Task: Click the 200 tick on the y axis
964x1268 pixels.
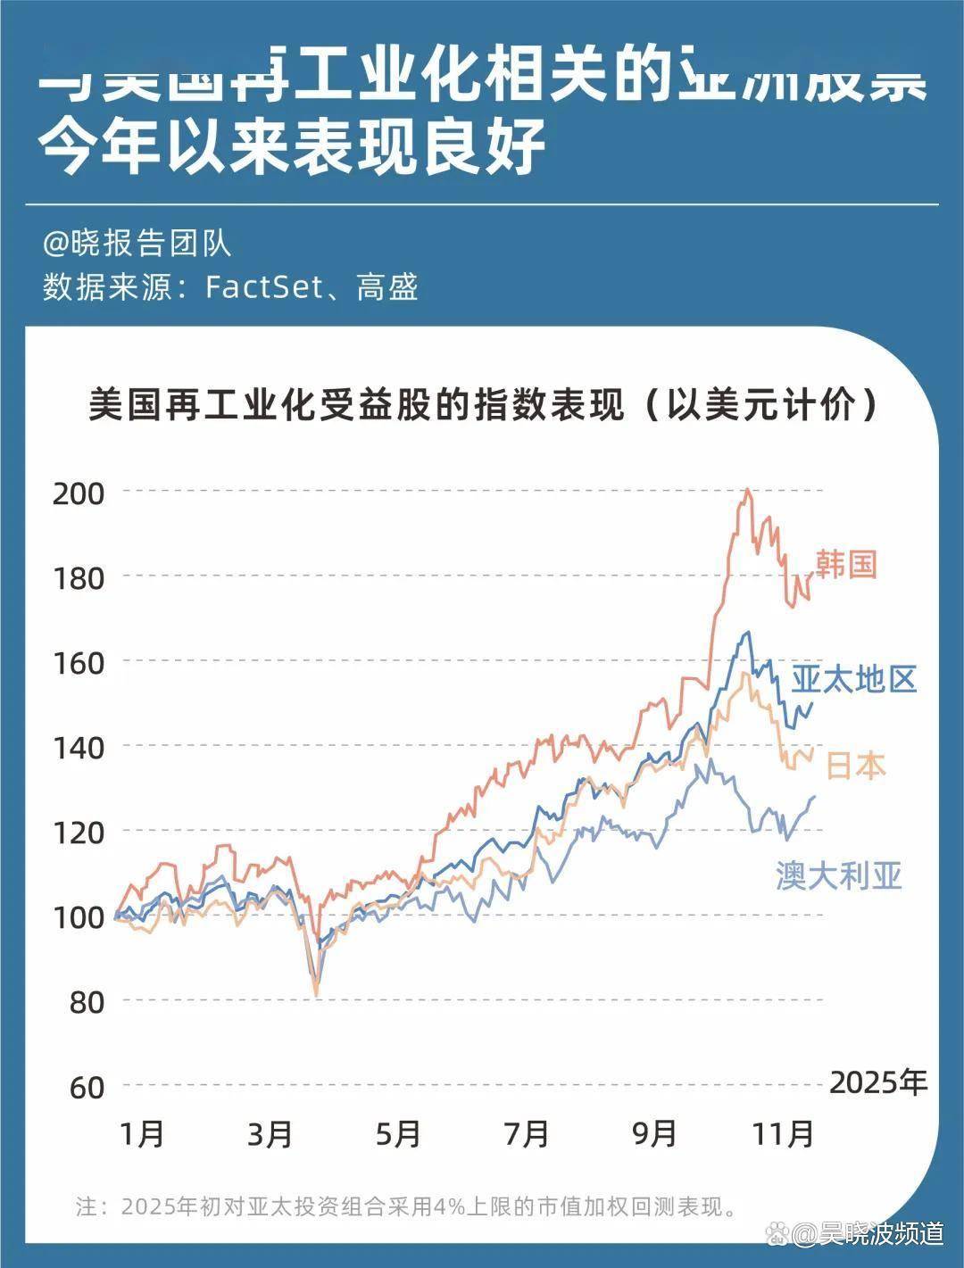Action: pos(79,493)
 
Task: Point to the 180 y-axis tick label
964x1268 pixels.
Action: pos(79,577)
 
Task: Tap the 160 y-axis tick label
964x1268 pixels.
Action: pos(79,663)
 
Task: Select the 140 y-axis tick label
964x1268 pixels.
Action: pos(79,747)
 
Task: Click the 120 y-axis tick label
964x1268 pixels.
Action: pos(79,833)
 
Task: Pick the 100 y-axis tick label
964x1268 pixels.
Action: pos(79,917)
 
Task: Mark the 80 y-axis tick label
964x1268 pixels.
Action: pos(87,1002)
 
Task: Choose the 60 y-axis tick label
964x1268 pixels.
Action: pos(87,1087)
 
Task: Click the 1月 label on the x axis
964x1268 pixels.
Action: pos(141,1134)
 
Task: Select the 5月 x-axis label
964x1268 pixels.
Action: pos(397,1134)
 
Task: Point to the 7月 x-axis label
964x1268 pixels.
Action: pos(526,1134)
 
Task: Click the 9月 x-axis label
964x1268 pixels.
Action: pos(654,1134)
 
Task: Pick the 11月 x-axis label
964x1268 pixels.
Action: pos(783,1134)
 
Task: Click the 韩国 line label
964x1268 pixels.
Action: pos(846,564)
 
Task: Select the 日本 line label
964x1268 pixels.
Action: pos(856,766)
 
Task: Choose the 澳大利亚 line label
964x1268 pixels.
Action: pos(839,875)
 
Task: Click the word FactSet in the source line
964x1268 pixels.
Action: pos(262,287)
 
